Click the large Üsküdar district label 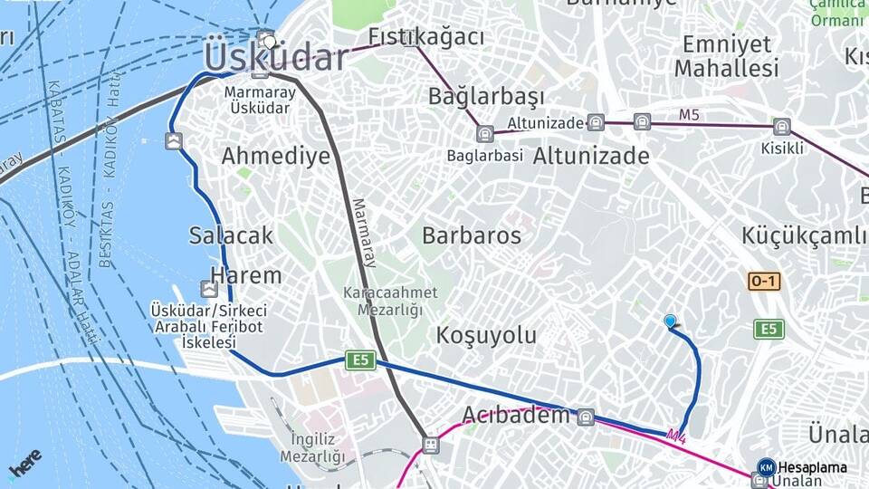[x=276, y=57]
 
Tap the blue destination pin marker [x=670, y=321]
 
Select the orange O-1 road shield [x=763, y=282]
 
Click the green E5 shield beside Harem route [x=360, y=360]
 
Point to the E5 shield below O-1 [x=769, y=329]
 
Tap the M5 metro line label [x=690, y=114]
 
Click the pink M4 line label [x=675, y=436]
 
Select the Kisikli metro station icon [x=782, y=127]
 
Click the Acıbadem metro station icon [x=586, y=417]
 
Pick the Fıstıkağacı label [x=425, y=37]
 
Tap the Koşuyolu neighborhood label [x=486, y=335]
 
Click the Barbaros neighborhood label [x=472, y=235]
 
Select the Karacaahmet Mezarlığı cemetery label [x=389, y=302]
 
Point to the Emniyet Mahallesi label [x=726, y=56]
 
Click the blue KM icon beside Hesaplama [x=766, y=467]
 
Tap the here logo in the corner [x=24, y=462]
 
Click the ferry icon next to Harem [x=210, y=289]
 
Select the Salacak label [x=231, y=235]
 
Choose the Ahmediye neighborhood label [x=276, y=156]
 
